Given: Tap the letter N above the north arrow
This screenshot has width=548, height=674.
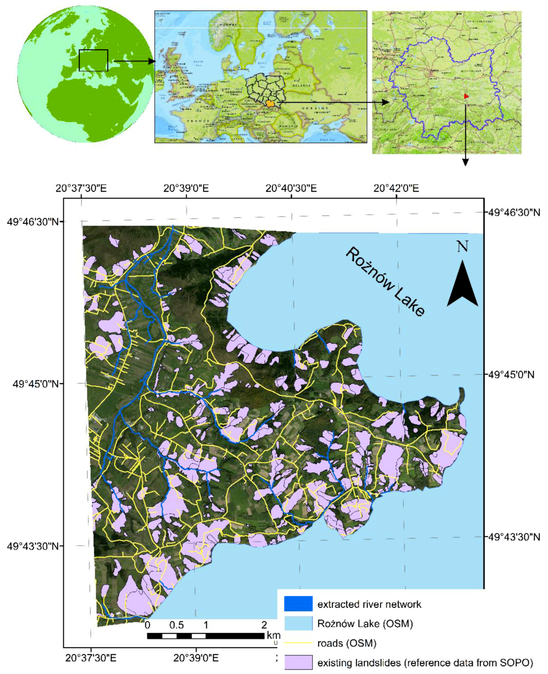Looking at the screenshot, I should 462,246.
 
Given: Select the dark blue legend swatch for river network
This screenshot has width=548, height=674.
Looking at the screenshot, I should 298,604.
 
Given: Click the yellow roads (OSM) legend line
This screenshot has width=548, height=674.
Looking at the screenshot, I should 298,643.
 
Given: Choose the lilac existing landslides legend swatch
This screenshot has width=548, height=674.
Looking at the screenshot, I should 298,663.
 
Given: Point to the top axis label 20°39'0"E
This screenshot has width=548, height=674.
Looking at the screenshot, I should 186,188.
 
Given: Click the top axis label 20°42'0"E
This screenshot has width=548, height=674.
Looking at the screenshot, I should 396,188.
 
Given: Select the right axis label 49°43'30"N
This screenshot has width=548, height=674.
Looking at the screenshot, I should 514,537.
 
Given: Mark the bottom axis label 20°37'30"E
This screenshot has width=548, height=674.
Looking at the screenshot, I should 90,657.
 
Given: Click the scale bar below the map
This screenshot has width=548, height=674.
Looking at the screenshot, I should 206,636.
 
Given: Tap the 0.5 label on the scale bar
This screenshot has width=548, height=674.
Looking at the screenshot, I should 177,625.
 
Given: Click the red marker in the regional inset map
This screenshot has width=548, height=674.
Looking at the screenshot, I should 466,96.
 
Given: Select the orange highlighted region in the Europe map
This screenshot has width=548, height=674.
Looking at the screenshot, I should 270,104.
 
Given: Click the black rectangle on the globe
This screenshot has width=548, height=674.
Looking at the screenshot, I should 93,60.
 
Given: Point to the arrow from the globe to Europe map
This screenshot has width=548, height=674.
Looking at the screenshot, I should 134,61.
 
